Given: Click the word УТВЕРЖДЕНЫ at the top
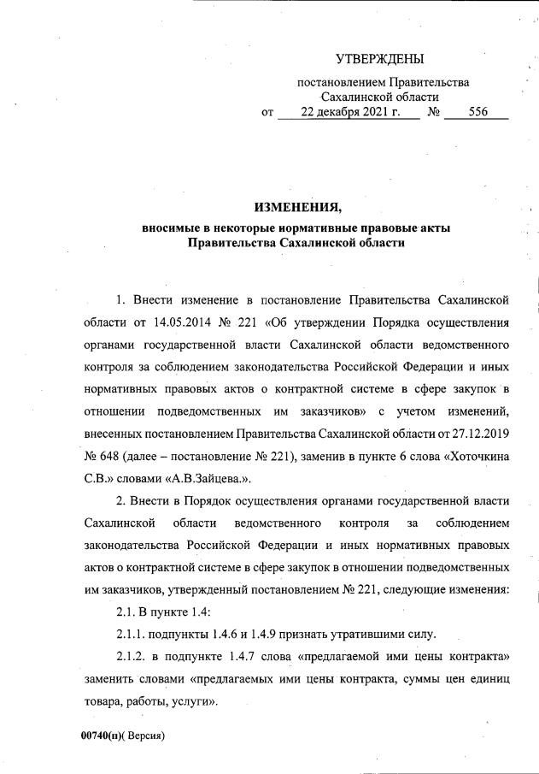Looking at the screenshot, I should point(379,59).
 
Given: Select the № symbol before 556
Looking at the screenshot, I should point(433,112).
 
